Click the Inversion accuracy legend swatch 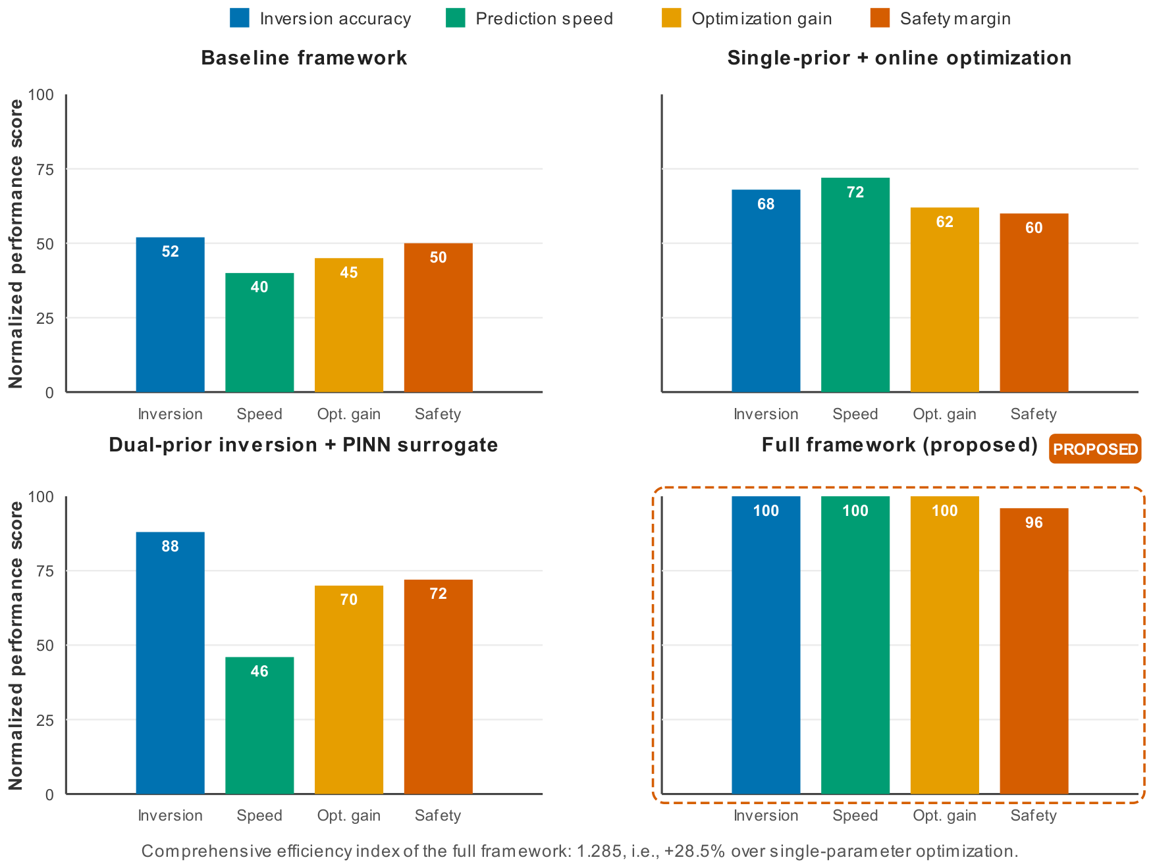click(x=240, y=18)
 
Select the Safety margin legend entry click(x=940, y=18)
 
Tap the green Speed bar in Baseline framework click(x=259, y=332)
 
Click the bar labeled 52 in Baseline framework click(x=170, y=315)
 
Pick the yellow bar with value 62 click(x=944, y=300)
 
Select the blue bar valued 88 click(x=170, y=663)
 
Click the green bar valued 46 click(x=259, y=725)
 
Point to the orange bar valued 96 click(x=1034, y=651)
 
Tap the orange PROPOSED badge click(x=1095, y=449)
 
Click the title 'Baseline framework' click(x=304, y=58)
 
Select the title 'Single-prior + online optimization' click(x=899, y=58)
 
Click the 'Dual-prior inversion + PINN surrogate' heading click(x=304, y=445)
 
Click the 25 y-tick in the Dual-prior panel click(x=45, y=720)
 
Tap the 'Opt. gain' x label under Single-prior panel click(x=944, y=414)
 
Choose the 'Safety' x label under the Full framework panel click(x=1034, y=815)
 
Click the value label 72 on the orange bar click(x=438, y=594)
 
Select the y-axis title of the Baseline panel click(x=16, y=243)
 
